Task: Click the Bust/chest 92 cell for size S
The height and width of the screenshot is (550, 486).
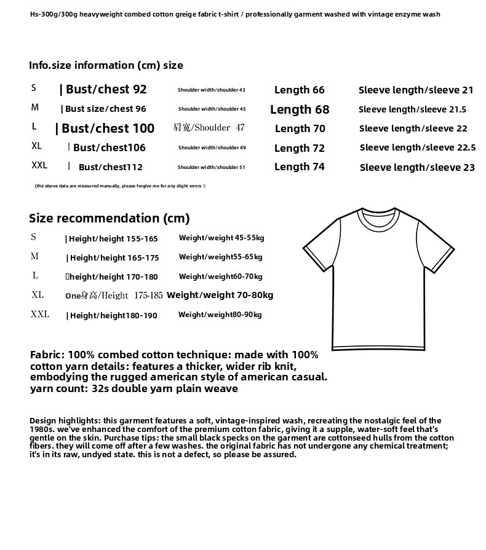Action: [106, 90]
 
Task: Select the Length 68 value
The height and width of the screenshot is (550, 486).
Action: [300, 110]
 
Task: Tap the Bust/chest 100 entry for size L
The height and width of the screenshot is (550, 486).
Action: [108, 129]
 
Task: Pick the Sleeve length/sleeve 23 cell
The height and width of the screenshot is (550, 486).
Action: [417, 167]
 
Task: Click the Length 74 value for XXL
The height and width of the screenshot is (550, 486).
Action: [299, 167]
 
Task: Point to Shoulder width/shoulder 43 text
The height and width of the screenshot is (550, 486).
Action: [211, 90]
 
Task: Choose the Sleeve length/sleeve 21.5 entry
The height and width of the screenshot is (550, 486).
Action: [412, 110]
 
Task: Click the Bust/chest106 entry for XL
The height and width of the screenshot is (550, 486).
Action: [109, 148]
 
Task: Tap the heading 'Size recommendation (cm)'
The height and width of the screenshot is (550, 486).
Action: [110, 218]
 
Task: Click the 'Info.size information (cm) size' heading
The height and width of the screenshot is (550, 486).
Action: [106, 65]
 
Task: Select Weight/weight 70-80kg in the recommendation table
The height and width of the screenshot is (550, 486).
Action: [220, 295]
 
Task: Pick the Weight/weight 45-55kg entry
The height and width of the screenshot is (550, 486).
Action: [221, 238]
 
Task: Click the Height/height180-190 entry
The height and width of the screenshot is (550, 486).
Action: [113, 316]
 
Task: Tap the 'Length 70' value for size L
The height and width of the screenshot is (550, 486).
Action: [300, 129]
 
